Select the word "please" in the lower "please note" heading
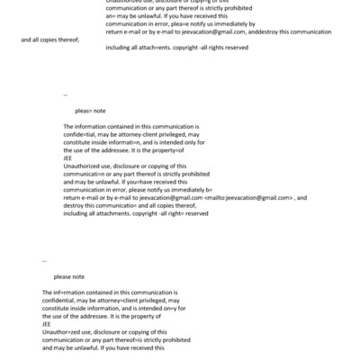[x=62, y=277]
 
